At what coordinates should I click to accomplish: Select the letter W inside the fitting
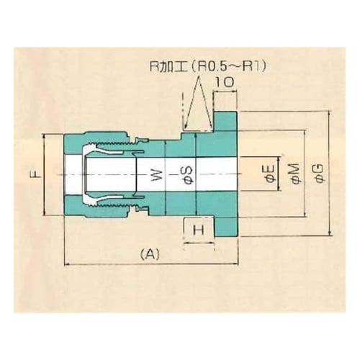(153, 175)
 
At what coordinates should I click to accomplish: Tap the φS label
(184, 175)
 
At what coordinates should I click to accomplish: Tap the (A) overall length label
(149, 253)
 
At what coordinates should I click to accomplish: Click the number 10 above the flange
(224, 84)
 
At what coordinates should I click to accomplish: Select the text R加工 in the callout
(162, 66)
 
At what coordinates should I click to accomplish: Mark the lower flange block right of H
(228, 227)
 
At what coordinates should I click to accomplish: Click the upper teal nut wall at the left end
(72, 142)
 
